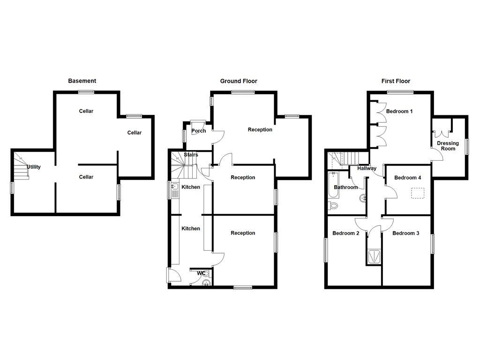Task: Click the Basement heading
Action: [82, 81]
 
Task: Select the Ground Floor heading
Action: [239, 81]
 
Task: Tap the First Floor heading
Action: [396, 81]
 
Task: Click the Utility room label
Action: [34, 167]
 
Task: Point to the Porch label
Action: [199, 131]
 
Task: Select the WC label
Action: [201, 273]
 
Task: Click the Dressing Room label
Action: [448, 146]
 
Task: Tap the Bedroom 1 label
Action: [399, 112]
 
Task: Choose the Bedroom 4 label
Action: [407, 178]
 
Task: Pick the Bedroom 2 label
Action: [346, 233]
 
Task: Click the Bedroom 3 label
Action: [405, 233]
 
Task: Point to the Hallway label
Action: [367, 168]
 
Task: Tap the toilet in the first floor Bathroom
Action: [333, 205]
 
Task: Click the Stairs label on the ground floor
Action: [191, 155]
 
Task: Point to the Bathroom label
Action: [345, 187]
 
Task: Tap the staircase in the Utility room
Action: [21, 167]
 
